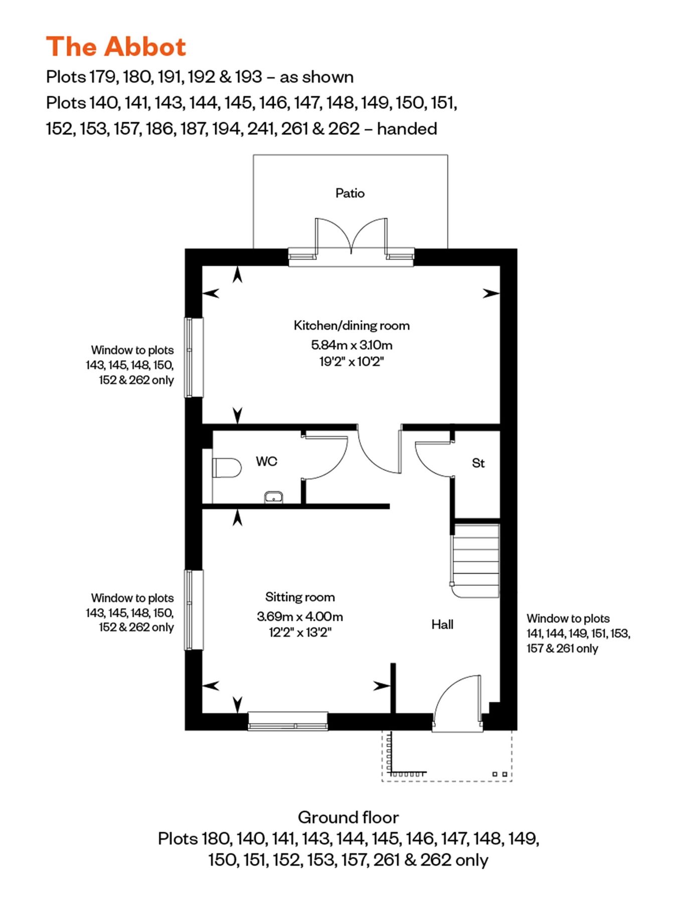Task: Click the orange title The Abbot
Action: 116,47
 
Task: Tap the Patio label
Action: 350,193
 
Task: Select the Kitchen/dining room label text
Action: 352,326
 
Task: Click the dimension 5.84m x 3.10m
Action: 352,345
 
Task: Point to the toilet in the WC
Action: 226,468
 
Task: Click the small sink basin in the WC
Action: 273,497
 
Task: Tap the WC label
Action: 266,461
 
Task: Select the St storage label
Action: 478,463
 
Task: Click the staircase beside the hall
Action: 476,560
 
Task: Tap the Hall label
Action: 442,624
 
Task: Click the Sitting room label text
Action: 300,597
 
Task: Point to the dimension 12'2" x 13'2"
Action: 300,632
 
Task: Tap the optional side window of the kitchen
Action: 194,357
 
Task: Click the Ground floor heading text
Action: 348,817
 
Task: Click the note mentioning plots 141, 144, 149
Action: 578,633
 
